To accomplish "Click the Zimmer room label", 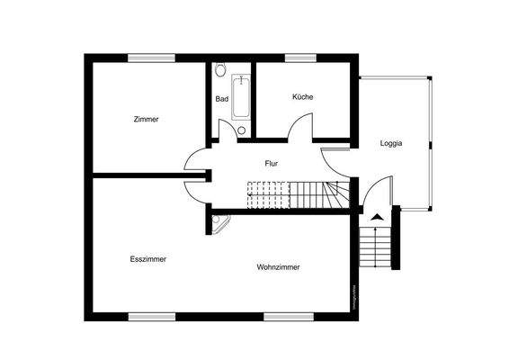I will pos(146,120).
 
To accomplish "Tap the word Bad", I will pos(221,99).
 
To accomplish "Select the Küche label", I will pos(302,97).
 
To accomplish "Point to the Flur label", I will pos(270,164).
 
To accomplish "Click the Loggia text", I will pos(391,143).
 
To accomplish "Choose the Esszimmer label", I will pos(147,259).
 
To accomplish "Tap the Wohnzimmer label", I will pos(278,267).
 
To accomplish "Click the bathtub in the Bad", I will pos(241,98).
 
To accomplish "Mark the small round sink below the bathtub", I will pos(241,130).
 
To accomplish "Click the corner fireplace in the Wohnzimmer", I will pos(219,220).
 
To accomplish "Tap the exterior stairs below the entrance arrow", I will pos(376,247).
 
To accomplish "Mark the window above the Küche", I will pos(298,58).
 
